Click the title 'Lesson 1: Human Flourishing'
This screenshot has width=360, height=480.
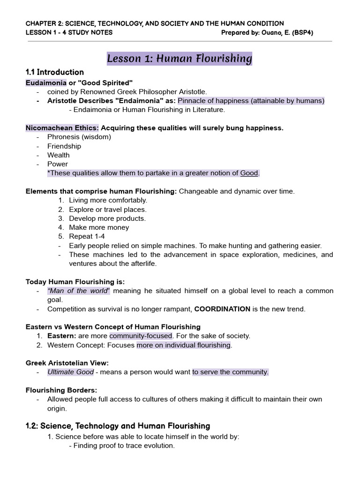[x=180, y=59]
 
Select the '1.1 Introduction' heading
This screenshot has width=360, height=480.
[x=55, y=72]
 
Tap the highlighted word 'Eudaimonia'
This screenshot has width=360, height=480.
[x=46, y=83]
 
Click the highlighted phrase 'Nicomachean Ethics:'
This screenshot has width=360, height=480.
[x=62, y=128]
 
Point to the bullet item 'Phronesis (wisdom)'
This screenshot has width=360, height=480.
[x=79, y=137]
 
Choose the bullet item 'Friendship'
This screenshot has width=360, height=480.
[x=64, y=146]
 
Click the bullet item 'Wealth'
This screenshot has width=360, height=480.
[x=59, y=155]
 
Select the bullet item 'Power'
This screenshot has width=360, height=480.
[x=58, y=164]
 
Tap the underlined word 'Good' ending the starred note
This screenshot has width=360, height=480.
[x=249, y=173]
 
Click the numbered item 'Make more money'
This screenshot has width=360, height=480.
[x=99, y=227]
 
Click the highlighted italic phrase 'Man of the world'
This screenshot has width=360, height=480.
[x=78, y=291]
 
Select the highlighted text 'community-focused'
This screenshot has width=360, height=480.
[x=141, y=336]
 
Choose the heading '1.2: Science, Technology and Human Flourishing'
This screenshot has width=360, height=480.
[x=118, y=426]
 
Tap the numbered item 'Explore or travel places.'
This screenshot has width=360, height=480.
[x=107, y=210]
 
